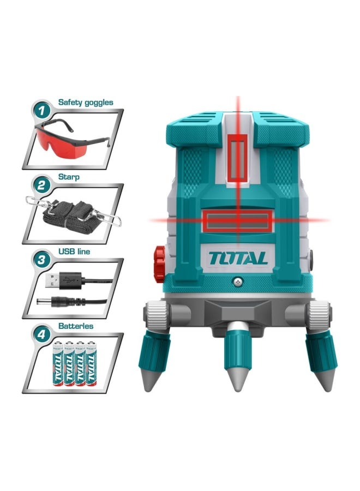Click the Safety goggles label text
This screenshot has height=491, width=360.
[x=86, y=102]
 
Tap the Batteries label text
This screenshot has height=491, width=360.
[x=76, y=326]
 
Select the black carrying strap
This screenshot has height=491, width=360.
[x=74, y=214]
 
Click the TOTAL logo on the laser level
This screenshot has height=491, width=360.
[x=237, y=258]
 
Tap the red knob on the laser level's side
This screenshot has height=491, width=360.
[x=159, y=264]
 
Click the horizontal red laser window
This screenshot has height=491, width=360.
[x=237, y=221]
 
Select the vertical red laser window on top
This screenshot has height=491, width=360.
[x=238, y=159]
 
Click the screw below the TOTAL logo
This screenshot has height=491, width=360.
[x=238, y=281]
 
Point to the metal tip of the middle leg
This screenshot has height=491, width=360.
[x=238, y=379]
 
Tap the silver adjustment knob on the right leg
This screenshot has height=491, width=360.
[x=318, y=315]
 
